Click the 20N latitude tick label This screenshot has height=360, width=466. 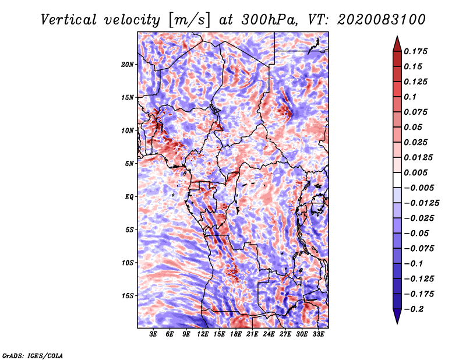tap(128, 64)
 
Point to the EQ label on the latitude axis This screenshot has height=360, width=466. tap(129, 197)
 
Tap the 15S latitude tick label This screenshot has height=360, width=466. tap(128, 296)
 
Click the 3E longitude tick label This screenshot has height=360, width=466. tap(154, 334)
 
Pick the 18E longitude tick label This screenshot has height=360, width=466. tap(236, 334)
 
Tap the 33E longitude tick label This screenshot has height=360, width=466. tap(318, 334)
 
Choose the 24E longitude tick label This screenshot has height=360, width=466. tap(269, 334)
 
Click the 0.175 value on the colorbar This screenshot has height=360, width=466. tap(416, 51)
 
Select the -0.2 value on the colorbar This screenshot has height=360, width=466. tap(415, 309)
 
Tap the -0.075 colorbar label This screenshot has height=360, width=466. tap(421, 248)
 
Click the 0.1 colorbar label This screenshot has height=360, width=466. tap(411, 97)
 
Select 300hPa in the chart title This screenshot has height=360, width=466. tap(266, 19)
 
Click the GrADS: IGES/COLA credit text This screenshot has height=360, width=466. tap(33, 355)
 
